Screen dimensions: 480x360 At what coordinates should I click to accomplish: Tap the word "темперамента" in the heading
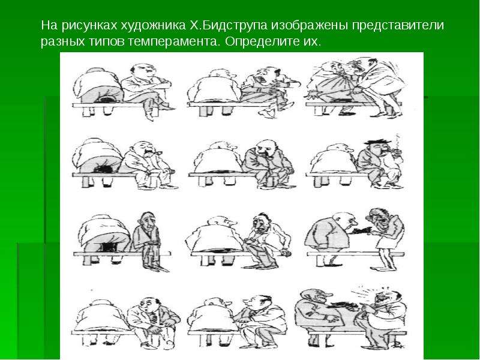(173, 41)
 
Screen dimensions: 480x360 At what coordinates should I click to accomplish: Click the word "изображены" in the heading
(309, 25)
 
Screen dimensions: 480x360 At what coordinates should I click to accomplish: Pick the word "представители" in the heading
(398, 25)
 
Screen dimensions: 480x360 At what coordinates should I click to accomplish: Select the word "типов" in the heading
(107, 41)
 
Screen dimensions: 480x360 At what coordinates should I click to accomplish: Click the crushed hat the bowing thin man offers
(361, 230)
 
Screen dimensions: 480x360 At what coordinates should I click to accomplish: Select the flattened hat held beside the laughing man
(342, 305)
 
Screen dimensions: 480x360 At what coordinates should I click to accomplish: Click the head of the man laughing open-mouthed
(386, 296)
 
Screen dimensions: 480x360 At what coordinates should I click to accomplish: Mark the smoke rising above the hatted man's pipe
(398, 141)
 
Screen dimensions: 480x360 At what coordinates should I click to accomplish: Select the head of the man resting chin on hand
(265, 148)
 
